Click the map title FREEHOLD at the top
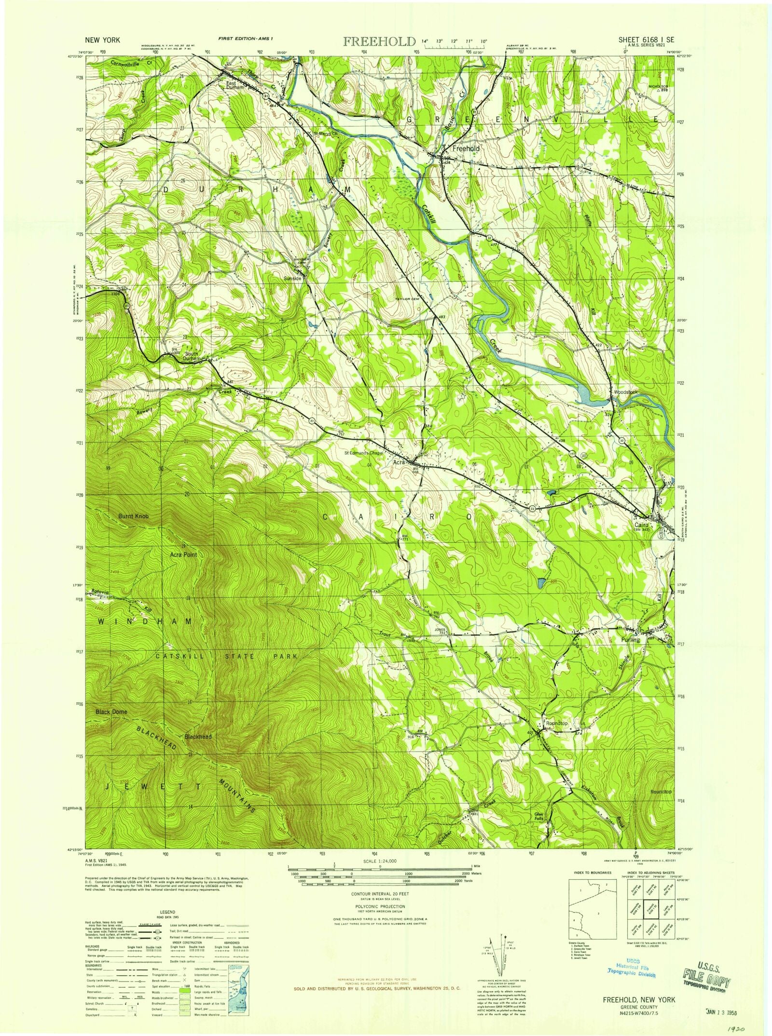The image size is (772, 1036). tap(379, 41)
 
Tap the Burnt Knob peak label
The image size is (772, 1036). tap(134, 516)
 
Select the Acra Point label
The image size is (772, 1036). tap(183, 555)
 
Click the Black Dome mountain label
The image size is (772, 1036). tap(111, 712)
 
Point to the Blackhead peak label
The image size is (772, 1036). tap(198, 737)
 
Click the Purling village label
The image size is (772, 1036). tap(631, 640)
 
